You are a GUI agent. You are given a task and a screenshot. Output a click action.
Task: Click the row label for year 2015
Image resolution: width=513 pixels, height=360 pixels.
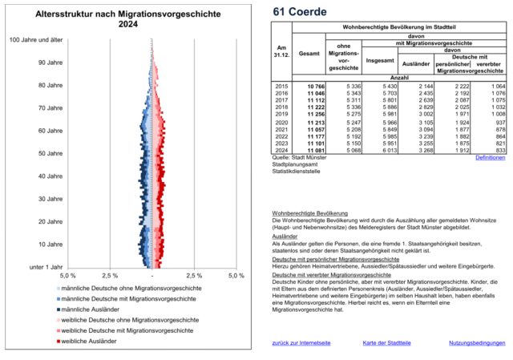pyautogui.click(x=281, y=85)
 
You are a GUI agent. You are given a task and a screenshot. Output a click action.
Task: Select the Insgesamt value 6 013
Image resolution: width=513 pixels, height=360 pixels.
pyautogui.click(x=377, y=149)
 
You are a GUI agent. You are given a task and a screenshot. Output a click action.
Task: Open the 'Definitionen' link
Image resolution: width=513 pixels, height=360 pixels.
pyautogui.click(x=490, y=158)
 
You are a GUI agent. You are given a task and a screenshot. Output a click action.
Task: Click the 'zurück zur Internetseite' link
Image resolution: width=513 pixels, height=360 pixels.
pyautogui.click(x=301, y=342)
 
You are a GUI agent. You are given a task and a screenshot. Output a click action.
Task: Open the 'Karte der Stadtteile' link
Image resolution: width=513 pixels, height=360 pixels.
pyautogui.click(x=387, y=342)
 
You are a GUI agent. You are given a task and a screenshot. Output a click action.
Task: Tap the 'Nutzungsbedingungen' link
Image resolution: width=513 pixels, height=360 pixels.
pyautogui.click(x=476, y=342)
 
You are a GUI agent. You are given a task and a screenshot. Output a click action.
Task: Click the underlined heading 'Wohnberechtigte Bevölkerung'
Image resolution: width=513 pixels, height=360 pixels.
pyautogui.click(x=309, y=212)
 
